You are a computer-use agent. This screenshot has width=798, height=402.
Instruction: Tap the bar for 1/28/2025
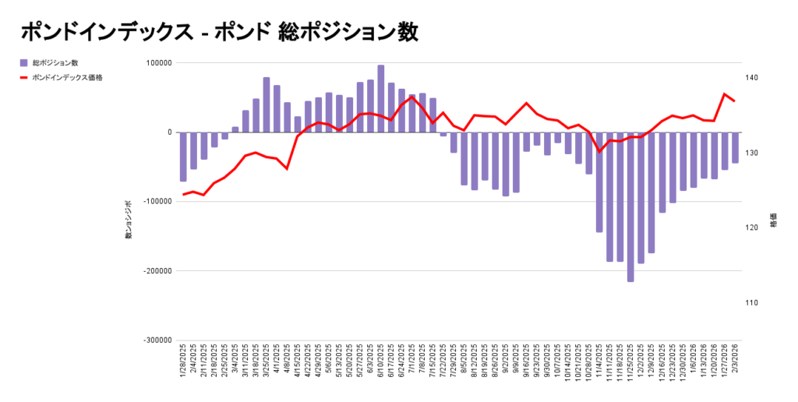[183, 157]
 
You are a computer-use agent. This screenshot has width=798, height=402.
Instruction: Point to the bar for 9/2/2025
[506, 164]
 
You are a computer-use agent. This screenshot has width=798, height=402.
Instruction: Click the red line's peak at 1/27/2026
[725, 94]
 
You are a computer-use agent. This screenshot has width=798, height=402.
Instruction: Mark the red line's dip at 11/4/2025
[599, 151]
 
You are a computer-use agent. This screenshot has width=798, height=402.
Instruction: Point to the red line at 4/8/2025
[287, 168]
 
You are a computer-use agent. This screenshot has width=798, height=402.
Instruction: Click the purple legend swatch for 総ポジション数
[25, 62]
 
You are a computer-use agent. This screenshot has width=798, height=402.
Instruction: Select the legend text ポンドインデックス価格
[69, 77]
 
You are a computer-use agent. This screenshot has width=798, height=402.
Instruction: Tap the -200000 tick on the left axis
[157, 271]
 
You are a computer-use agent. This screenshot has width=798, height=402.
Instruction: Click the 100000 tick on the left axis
[159, 63]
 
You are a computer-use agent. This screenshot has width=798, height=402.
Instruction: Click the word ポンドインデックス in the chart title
[106, 32]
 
